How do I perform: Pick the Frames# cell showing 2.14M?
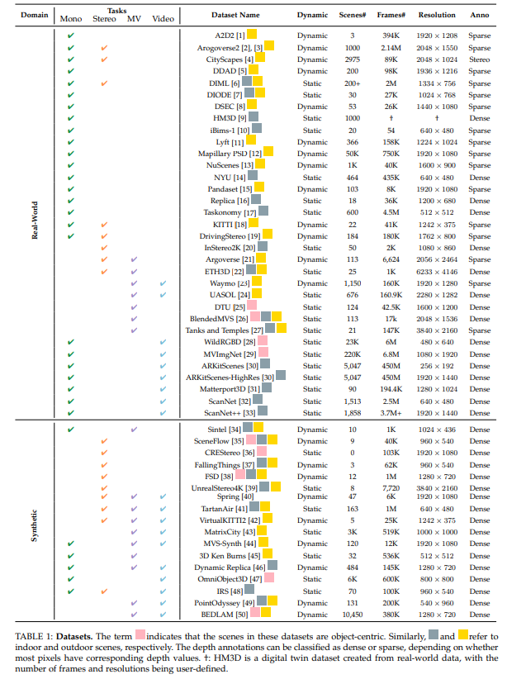[392, 47]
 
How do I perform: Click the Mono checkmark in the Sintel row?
[70, 429]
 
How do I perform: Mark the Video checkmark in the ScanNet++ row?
[163, 411]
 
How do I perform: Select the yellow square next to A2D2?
[253, 36]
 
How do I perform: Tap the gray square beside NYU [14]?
[253, 177]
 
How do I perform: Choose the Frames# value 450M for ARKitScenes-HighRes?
[392, 377]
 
